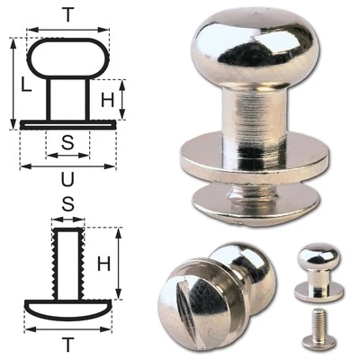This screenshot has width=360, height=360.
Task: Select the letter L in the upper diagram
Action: click(26, 87)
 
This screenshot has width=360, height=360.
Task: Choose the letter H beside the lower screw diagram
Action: click(105, 264)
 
